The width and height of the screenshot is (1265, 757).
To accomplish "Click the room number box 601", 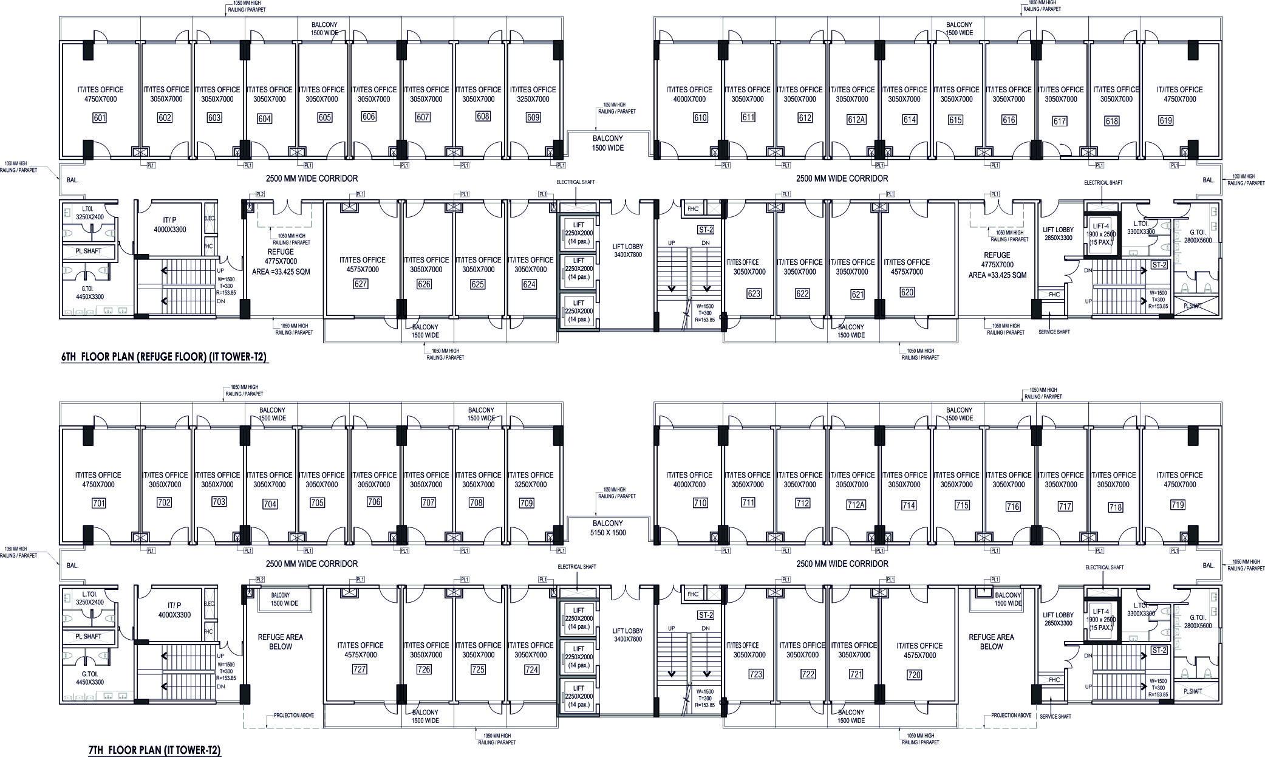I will coord(99,118).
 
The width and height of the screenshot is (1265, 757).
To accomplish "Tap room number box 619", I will coord(1165,121).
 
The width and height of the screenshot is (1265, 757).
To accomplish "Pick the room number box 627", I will coord(360,284).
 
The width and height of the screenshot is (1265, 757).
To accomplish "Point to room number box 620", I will coord(907,292).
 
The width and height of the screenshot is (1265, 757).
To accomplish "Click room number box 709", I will coord(527,503).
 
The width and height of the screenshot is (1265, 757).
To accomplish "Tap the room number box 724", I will coord(531,670).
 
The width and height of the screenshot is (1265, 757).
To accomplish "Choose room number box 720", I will coord(914,674).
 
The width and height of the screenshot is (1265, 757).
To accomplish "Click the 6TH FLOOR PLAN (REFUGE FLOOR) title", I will coord(165,358).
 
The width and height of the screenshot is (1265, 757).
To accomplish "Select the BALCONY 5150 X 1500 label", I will coord(608,527).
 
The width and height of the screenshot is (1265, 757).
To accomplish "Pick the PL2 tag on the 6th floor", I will coord(260,194).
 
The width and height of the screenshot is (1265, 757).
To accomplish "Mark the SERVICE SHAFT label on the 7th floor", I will coord(1054,717).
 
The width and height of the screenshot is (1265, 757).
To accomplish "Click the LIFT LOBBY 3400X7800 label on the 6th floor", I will coord(627,250).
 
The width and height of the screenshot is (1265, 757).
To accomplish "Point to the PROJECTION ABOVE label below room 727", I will coord(294,715).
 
